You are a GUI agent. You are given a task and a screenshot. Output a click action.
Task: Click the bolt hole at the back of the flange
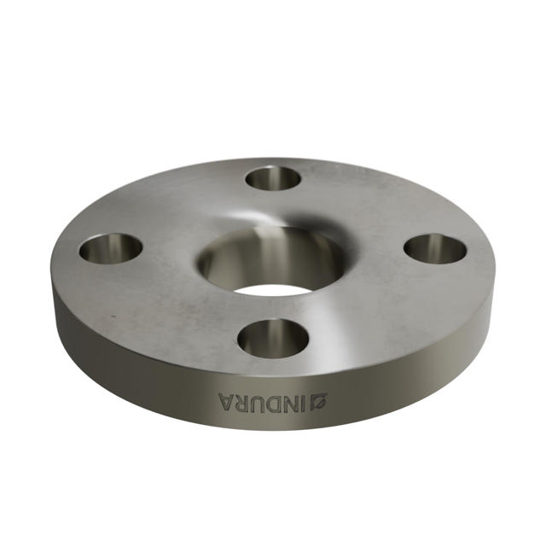(x=273, y=179)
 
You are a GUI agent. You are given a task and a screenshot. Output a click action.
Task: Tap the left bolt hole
(x=111, y=248)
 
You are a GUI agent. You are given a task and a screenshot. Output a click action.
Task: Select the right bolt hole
(x=435, y=249)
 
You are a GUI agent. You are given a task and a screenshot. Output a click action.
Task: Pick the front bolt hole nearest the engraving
(x=273, y=338)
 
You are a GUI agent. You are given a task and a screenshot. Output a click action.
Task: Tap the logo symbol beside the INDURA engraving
(x=322, y=398)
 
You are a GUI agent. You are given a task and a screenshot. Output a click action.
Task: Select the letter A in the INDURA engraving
(x=224, y=399)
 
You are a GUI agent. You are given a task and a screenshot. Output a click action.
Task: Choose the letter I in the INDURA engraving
(x=307, y=400)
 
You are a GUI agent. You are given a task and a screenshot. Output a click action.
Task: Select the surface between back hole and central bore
(x=273, y=209)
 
